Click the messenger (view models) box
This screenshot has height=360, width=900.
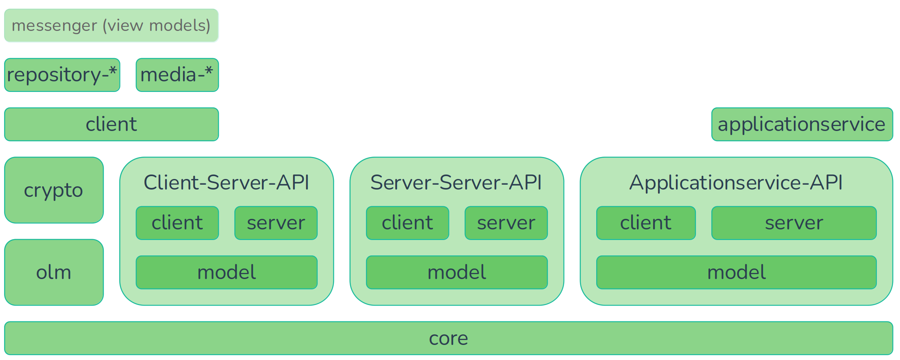tap(111, 26)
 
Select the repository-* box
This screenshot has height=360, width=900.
tap(62, 75)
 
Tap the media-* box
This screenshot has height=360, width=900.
tap(177, 75)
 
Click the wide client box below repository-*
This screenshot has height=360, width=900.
tap(111, 124)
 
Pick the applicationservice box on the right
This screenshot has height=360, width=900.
tap(802, 124)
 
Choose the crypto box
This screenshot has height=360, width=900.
tap(54, 190)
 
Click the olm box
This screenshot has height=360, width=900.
tap(54, 272)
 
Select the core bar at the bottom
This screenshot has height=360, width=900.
tap(449, 338)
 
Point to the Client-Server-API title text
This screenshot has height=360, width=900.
tap(227, 182)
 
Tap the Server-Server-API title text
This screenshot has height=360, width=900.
tap(456, 182)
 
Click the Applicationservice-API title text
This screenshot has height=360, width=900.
tap(736, 182)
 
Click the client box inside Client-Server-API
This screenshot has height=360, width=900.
tap(177, 223)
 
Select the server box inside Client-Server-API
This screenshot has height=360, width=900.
tap(276, 223)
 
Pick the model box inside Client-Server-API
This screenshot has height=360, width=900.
tap(227, 272)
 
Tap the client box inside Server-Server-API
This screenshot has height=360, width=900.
tap(407, 223)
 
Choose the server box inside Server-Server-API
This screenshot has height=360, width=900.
tap(506, 223)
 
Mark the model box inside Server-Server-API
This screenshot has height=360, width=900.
tap(456, 272)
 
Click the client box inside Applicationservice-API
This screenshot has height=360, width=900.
tap(645, 223)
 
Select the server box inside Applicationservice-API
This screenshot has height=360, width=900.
tap(793, 223)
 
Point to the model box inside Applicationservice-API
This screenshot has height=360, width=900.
tap(736, 272)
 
